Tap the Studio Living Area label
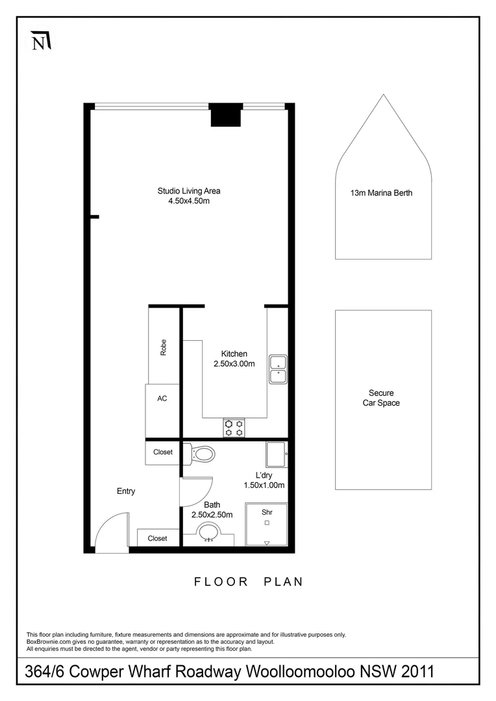(189, 196)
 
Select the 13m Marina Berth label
(382, 193)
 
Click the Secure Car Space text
(381, 398)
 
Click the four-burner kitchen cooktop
(234, 427)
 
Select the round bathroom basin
(208, 534)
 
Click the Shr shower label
(266, 512)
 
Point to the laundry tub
(276, 453)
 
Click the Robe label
(164, 347)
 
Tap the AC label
(162, 399)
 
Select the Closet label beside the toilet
(163, 452)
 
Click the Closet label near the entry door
(157, 538)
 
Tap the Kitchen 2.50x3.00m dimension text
(234, 359)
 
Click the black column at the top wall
(225, 116)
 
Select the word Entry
(126, 491)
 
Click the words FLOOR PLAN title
(249, 582)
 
